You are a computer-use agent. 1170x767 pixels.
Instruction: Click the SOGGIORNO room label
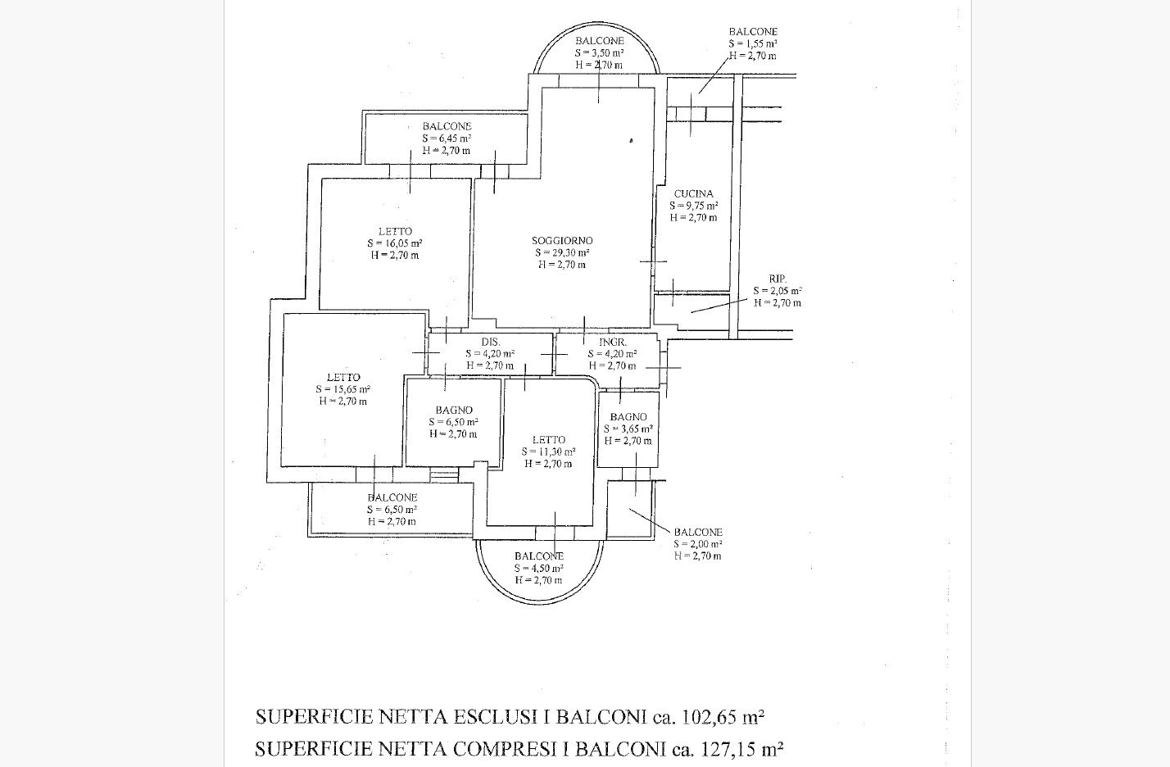(561, 241)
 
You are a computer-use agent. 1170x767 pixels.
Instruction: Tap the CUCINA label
(693, 194)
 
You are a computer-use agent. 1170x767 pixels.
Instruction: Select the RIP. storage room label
(778, 279)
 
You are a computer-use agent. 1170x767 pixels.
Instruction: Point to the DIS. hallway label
(491, 342)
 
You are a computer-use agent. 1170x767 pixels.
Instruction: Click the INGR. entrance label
(613, 342)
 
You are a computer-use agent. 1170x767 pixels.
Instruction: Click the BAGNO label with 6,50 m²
(454, 410)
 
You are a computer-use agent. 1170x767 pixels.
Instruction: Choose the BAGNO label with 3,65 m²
(628, 417)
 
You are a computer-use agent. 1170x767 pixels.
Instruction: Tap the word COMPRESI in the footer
(511, 749)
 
